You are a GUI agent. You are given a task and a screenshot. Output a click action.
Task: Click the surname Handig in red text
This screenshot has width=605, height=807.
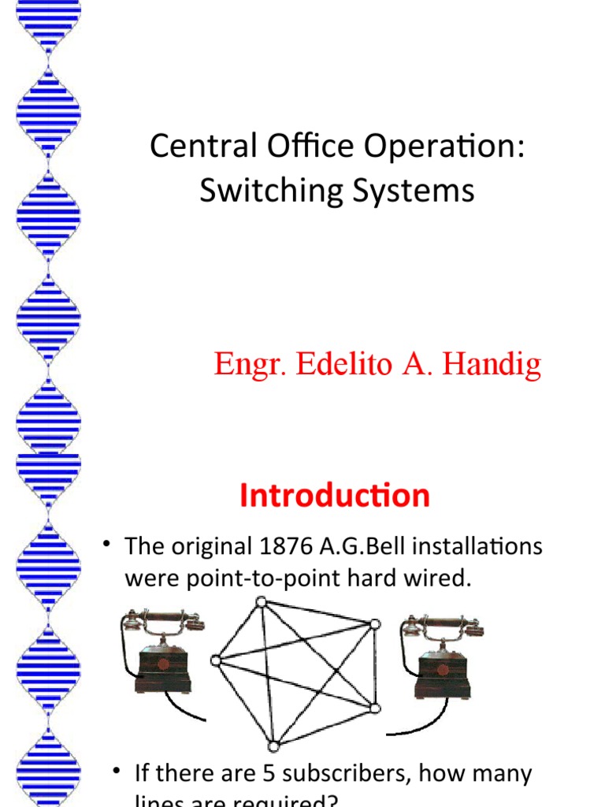[x=492, y=365]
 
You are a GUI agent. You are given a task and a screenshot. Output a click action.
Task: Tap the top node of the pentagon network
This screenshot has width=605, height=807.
[x=261, y=602]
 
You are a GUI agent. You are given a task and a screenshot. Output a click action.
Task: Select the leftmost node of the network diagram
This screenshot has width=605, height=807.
[x=214, y=661]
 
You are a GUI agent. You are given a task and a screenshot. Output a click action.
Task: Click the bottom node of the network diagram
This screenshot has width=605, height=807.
[x=273, y=746]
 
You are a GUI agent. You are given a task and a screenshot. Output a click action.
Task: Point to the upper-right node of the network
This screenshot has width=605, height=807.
[x=376, y=623]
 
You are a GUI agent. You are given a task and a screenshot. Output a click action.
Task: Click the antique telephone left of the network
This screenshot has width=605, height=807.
[x=161, y=654]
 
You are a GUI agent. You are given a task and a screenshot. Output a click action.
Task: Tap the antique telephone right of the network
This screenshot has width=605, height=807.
[x=442, y=658]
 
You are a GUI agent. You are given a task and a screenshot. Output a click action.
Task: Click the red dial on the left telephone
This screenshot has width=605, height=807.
[x=163, y=664]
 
